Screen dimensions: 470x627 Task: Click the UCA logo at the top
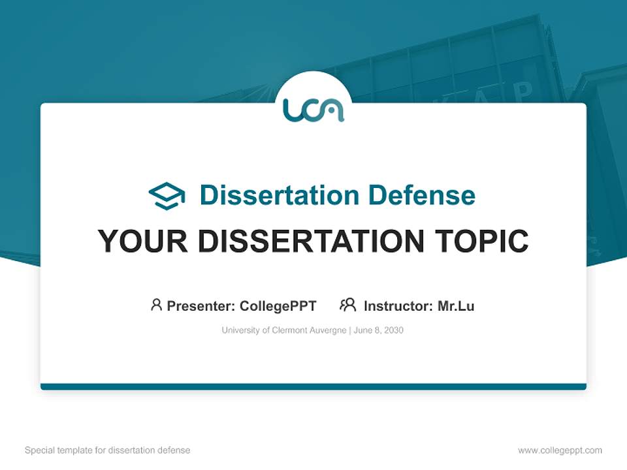click(x=313, y=109)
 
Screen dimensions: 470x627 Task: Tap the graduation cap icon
click(x=167, y=196)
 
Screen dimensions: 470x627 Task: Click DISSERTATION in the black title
click(x=308, y=242)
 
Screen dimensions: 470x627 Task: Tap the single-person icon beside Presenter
click(x=156, y=305)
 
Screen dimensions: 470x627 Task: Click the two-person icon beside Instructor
click(x=347, y=305)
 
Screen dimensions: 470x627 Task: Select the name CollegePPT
click(x=278, y=305)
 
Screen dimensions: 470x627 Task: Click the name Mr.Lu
click(x=456, y=305)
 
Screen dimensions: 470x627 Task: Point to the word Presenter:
click(x=201, y=305)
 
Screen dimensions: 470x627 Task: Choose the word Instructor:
click(x=398, y=305)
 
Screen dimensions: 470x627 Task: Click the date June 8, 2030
click(x=379, y=330)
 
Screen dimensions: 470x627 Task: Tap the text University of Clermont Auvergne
click(x=284, y=330)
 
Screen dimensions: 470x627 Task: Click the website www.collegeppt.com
click(x=560, y=450)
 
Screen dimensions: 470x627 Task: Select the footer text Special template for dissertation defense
click(x=108, y=450)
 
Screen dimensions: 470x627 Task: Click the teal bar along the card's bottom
click(x=313, y=386)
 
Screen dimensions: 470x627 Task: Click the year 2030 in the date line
click(x=393, y=330)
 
